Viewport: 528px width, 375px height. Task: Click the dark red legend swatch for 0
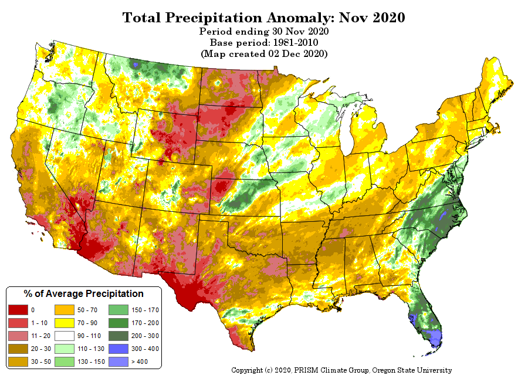coord(18,310)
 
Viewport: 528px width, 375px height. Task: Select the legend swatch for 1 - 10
coord(18,323)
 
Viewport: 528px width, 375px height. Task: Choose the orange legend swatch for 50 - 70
coord(65,310)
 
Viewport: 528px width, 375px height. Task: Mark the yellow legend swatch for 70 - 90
coord(65,323)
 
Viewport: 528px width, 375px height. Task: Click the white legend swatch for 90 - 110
coord(65,336)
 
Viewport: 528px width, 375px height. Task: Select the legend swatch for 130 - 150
coord(65,362)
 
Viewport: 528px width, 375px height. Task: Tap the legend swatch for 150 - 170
coord(119,310)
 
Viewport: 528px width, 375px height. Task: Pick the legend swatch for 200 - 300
coord(119,336)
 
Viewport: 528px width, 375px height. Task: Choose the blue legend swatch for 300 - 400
coord(119,349)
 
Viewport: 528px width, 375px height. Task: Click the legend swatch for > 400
coord(119,362)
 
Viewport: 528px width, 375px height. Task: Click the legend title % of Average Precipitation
coord(84,294)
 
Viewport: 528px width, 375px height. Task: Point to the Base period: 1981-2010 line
coord(264,42)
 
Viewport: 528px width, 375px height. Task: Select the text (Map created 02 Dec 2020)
coord(264,53)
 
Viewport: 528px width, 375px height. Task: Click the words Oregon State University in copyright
coord(412,370)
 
